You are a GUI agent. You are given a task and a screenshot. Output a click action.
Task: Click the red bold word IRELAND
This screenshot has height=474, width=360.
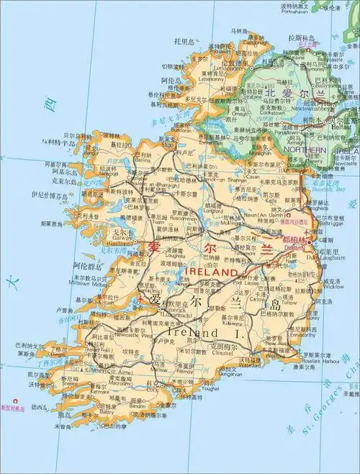[x=211, y=274]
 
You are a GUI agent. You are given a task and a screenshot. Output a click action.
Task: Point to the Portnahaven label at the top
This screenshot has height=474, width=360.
[x=298, y=12]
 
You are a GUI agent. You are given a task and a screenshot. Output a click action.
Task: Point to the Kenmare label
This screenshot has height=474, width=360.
[x=84, y=390]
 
